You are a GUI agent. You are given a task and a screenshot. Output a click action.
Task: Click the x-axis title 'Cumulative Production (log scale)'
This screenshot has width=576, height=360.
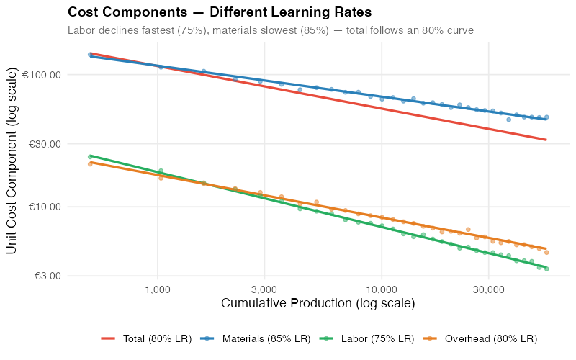click(318, 304)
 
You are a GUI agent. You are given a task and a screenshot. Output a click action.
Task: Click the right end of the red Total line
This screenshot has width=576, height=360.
click(546, 140)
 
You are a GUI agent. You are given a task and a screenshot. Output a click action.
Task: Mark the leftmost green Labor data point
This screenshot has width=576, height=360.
click(90, 156)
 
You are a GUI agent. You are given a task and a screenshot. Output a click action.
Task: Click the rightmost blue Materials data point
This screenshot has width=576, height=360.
click(546, 117)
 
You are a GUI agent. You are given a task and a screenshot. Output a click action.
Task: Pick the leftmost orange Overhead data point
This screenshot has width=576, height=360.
click(90, 164)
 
